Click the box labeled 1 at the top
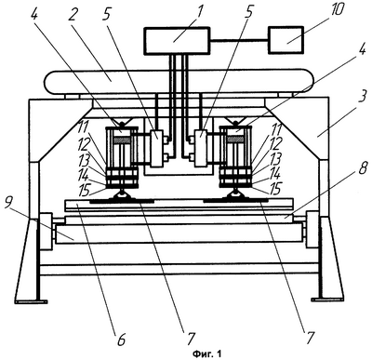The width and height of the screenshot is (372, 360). coord(177,41)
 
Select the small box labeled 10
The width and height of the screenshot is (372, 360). coord(286,40)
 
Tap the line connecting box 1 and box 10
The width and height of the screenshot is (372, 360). coord(239,40)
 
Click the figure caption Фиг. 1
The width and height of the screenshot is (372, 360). coord(207,353)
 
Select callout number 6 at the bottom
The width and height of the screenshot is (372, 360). coord(120,340)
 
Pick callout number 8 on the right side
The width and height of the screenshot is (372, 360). coord(363,169)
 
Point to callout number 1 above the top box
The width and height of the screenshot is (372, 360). coord(199,11)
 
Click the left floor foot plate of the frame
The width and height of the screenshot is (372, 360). coord(31,300)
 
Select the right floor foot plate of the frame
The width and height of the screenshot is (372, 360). coord(327,300)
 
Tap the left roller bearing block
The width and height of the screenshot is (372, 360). coord(46,232)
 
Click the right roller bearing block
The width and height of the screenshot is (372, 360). coord(312,230)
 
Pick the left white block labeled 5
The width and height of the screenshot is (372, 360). coord(156,149)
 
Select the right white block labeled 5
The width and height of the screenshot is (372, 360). coord(201,149)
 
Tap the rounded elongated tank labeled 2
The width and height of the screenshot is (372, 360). coord(179,82)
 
